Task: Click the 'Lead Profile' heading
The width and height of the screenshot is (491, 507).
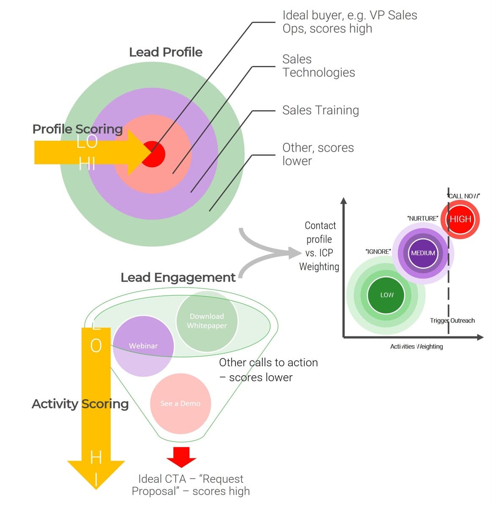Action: click(165, 52)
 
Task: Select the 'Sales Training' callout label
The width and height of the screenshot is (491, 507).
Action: click(320, 110)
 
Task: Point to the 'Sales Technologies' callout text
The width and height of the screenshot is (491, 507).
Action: click(318, 66)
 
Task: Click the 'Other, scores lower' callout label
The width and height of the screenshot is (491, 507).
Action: click(318, 154)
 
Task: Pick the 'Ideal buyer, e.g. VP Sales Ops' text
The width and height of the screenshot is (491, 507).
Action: click(349, 22)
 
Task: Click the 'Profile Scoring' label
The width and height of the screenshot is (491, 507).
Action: click(77, 129)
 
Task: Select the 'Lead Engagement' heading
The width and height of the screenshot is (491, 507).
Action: click(178, 278)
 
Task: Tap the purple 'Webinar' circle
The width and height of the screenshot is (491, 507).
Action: click(143, 346)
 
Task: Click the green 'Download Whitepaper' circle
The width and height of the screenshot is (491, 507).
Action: click(207, 321)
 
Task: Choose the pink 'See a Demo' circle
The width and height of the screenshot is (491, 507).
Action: click(181, 403)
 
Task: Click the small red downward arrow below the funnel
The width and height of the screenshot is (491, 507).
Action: click(181, 457)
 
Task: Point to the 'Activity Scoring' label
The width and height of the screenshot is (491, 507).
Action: click(80, 404)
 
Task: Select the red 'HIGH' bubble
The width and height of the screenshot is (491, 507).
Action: click(460, 219)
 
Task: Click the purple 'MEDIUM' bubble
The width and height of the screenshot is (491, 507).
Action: click(423, 253)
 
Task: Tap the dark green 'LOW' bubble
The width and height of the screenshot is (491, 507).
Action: click(386, 295)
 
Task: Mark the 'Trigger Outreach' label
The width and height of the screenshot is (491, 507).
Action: click(452, 321)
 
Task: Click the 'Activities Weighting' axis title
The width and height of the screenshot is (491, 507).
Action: click(416, 346)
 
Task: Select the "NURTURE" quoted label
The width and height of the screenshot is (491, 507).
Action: click(422, 218)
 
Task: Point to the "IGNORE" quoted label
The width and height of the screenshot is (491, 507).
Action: click(378, 252)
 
